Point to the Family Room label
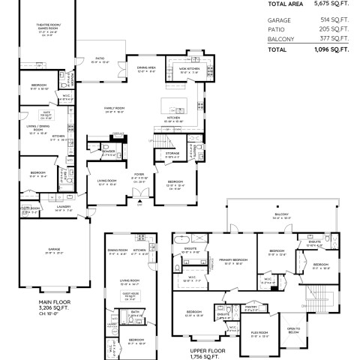[x=114, y=109]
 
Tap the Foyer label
[x=139, y=175]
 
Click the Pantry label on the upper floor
[x=250, y=307]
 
